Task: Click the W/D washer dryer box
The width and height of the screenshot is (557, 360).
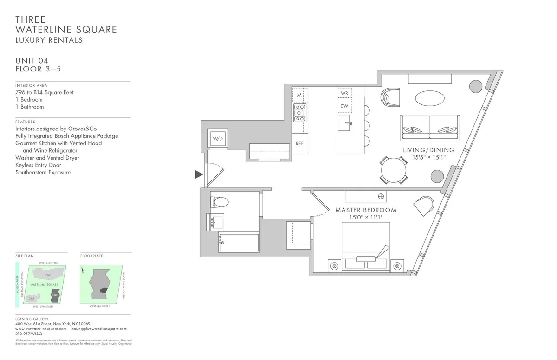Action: click(x=218, y=138)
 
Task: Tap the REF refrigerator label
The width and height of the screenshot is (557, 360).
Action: click(x=299, y=144)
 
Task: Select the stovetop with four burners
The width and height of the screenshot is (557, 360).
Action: click(x=299, y=112)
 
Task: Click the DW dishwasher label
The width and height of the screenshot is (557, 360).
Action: click(x=344, y=106)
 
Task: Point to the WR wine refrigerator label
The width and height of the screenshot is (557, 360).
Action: click(x=344, y=93)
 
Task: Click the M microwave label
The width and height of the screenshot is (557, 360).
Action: click(x=299, y=95)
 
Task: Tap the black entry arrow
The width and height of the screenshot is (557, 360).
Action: click(x=199, y=174)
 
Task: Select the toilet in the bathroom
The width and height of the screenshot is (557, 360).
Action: click(x=220, y=202)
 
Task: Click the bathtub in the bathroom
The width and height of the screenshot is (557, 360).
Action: click(x=238, y=243)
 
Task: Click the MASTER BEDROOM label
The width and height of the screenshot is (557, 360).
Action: click(x=366, y=210)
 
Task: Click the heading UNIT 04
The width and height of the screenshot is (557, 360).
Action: click(x=32, y=61)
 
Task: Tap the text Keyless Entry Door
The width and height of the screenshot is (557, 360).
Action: click(x=38, y=165)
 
